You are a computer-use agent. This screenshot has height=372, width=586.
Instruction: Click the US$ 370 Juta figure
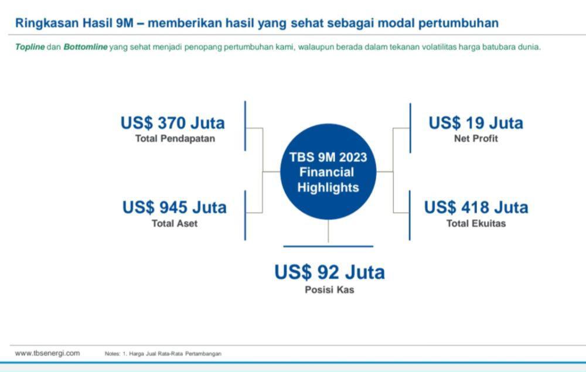(173, 123)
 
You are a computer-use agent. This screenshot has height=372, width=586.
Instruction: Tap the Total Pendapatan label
(175, 139)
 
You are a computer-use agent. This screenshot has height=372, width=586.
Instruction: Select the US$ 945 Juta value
(175, 207)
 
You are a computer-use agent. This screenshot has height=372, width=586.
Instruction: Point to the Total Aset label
(175, 223)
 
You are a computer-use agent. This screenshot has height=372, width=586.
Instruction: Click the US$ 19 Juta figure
(476, 123)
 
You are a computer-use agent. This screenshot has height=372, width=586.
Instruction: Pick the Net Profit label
(476, 139)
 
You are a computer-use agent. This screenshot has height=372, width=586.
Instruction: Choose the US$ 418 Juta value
(476, 207)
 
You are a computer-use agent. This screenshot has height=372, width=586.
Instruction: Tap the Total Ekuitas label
(476, 223)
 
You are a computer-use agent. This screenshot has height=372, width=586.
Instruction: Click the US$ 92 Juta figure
(329, 272)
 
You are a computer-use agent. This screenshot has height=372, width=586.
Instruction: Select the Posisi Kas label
(329, 289)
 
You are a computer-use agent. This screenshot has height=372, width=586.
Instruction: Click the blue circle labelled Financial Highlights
(328, 172)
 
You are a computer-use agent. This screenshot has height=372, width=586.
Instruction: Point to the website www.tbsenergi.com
(47, 353)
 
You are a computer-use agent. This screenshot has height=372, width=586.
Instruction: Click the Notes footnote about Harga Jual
(163, 354)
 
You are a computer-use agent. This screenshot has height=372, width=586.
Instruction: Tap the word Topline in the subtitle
(30, 47)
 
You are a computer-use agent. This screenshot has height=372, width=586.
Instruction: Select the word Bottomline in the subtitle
(86, 47)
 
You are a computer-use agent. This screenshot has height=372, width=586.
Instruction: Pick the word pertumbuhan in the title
(458, 23)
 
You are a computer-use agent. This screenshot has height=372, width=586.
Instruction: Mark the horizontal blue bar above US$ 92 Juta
(328, 247)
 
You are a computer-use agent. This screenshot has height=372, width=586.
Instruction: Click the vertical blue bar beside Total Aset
(245, 216)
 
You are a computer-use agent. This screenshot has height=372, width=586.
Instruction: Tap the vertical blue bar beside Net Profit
(410, 128)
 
